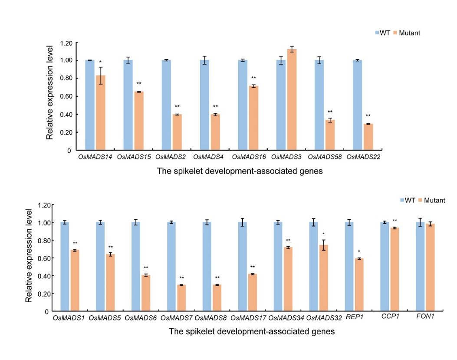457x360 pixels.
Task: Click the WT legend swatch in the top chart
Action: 377,33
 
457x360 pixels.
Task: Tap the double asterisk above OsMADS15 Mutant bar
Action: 139,83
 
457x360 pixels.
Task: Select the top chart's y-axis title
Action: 50,92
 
